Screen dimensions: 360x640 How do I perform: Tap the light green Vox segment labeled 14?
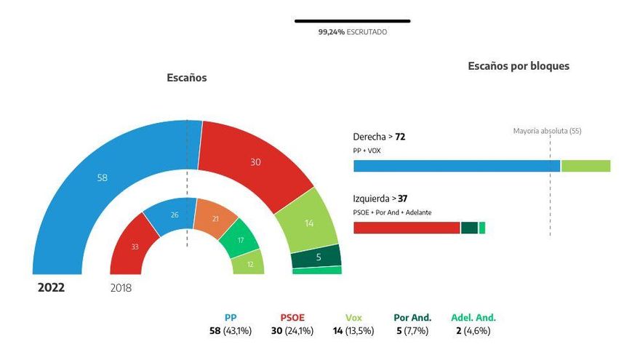point(309,223)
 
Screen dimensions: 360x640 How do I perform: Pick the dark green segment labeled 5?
point(317,256)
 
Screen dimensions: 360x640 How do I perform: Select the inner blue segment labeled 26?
point(172,215)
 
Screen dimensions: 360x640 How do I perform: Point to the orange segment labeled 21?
point(215,218)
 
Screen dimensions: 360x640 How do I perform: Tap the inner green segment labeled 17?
point(240,240)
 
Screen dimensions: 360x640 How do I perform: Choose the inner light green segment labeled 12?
point(249,263)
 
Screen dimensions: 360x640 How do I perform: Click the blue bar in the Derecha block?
point(456,166)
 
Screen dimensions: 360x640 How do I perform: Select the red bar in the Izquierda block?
point(407,228)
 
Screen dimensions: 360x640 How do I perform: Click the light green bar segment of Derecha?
point(585,166)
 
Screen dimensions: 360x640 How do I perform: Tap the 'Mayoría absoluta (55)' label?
point(547,131)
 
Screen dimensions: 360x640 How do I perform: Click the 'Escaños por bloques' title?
point(519,66)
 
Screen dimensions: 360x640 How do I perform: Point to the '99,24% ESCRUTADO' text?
point(353,33)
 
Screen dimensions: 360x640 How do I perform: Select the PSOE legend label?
point(292,317)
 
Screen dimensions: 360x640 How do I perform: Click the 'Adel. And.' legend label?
point(473,317)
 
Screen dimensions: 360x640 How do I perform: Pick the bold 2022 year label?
point(52,287)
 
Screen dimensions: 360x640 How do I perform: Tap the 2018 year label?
point(121,287)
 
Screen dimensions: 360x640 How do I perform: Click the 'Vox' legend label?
point(353,317)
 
